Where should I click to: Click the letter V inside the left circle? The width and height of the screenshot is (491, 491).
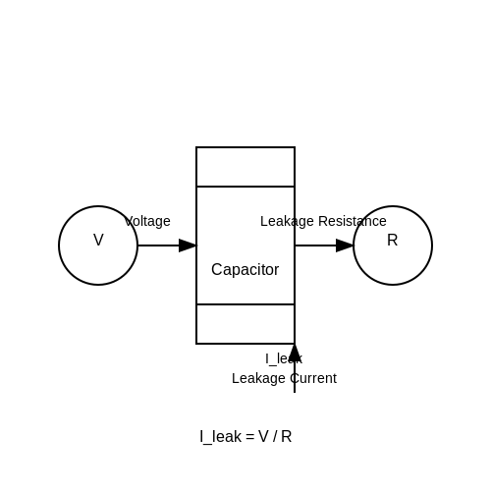point(98,240)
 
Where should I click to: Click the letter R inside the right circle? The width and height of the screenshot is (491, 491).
point(393,241)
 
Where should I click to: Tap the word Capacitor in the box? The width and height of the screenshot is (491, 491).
point(245,270)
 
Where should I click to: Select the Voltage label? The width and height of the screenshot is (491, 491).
point(147,221)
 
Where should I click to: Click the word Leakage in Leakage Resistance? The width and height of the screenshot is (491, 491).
point(287,222)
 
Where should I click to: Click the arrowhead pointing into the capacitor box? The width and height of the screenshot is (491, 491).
point(188,245)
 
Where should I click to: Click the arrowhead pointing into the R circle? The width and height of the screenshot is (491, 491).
point(345,245)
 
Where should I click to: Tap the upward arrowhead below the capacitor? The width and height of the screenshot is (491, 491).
point(295,353)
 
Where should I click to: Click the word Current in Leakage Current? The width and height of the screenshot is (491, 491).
point(313,378)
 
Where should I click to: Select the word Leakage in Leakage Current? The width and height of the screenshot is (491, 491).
point(258,379)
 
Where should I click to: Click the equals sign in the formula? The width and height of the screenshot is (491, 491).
point(250,437)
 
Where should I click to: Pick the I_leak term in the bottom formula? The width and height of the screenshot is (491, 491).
point(221,437)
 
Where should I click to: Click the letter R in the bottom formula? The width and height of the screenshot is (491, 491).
point(286,437)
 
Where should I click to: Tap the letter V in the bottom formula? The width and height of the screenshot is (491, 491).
point(263,437)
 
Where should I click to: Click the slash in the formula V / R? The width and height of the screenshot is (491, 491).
point(275,437)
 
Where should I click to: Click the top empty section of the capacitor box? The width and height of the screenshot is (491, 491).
point(245,167)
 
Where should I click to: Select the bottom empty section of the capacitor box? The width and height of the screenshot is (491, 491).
point(245,324)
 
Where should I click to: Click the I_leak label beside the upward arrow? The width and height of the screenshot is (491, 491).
point(284,359)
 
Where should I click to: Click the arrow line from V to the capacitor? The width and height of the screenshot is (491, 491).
point(167,245)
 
